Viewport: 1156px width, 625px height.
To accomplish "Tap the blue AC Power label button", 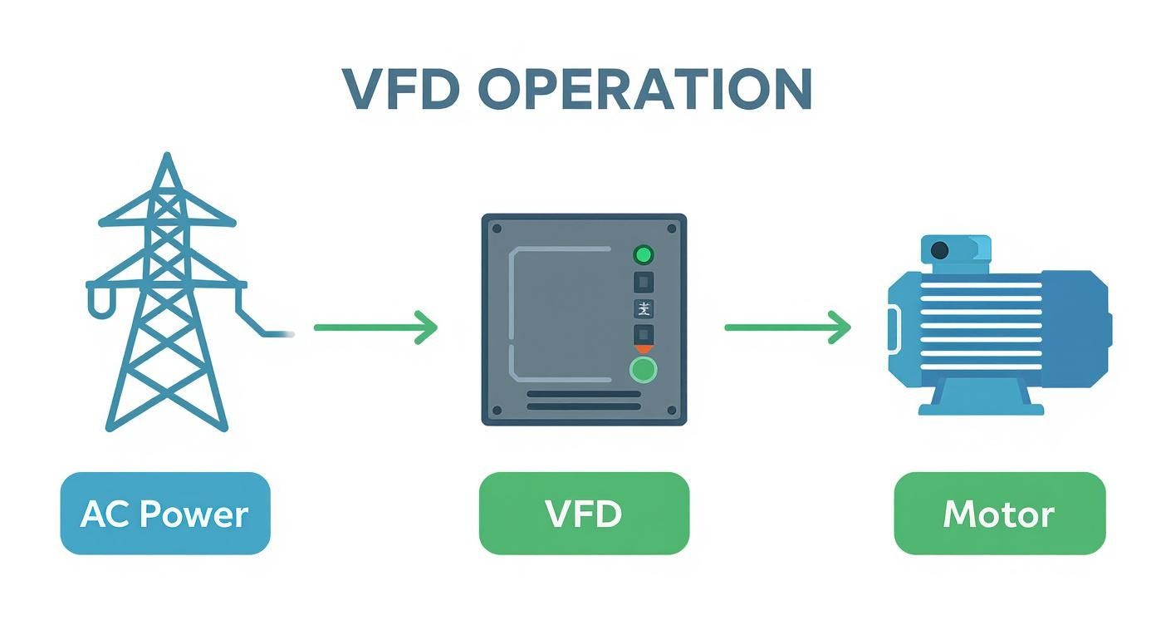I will click(164, 514).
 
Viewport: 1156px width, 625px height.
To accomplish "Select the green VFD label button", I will click(584, 514).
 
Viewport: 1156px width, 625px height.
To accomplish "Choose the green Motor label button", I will click(999, 514).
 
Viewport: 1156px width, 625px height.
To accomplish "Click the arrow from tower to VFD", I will click(375, 327).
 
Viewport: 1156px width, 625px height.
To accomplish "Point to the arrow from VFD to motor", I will click(787, 327).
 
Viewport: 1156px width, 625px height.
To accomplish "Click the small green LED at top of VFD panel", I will click(644, 254).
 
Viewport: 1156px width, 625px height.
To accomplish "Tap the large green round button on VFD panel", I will click(643, 370).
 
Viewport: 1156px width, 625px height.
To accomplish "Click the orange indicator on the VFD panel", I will click(644, 350).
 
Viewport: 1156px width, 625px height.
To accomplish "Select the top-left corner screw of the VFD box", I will click(497, 228).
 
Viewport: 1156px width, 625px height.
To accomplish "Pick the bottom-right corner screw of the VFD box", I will click(672, 411).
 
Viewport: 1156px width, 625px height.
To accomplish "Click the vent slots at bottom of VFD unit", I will click(584, 400).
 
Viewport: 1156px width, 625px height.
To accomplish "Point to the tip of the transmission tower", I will click(167, 158).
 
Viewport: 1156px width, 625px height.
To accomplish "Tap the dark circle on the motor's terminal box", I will click(940, 249).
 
